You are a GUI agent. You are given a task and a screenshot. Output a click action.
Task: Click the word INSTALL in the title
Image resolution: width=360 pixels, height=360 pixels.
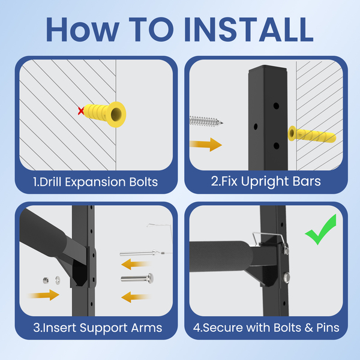(249, 29)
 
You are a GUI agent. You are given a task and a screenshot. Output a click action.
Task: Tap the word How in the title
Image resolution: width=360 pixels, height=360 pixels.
(83, 29)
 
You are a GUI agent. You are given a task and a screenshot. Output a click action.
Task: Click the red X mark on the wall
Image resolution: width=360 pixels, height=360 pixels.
(81, 111)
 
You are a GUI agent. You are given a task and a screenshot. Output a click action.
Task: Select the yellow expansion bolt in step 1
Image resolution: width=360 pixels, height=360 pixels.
(104, 114)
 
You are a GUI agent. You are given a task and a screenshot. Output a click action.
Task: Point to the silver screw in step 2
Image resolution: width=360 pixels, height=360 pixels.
(206, 121)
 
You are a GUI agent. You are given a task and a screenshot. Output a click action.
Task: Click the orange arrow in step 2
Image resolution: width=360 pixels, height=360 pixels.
(206, 145)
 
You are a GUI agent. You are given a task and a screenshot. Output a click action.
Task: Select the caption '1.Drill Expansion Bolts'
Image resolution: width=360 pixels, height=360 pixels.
(95, 182)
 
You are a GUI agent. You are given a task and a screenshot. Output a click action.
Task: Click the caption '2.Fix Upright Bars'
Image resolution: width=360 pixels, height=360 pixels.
(266, 181)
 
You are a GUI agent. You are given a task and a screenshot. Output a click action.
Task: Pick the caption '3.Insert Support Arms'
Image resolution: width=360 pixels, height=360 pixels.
(98, 328)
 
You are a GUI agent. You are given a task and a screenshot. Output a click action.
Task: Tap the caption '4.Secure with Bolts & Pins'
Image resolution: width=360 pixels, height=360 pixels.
(266, 328)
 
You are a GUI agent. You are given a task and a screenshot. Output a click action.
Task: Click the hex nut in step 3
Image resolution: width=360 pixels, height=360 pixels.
(46, 280)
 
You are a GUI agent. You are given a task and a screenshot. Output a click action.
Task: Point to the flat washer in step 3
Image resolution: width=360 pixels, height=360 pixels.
(58, 280)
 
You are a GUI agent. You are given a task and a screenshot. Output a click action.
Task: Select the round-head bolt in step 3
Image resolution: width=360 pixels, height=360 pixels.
(137, 278)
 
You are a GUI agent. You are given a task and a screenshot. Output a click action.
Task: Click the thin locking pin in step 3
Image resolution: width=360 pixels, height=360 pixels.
(142, 253)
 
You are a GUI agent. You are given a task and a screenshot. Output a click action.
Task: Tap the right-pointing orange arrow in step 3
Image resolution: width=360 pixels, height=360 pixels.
(44, 295)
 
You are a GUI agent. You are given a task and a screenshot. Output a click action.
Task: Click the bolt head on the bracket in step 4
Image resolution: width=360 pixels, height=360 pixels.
(287, 277)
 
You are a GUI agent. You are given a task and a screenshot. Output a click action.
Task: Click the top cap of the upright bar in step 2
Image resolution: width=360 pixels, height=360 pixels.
(268, 68)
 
